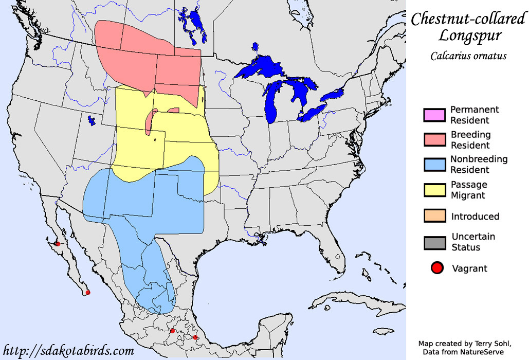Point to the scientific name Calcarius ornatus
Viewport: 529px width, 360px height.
point(468,56)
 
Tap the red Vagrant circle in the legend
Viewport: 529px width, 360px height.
point(437,268)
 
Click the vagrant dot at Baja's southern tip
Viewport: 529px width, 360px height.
point(88,293)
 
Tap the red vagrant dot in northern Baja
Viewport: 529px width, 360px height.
point(58,244)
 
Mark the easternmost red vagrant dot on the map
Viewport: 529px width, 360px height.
point(195,337)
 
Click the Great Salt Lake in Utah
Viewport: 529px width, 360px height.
point(92,121)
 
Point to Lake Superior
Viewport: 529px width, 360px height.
point(257,67)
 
